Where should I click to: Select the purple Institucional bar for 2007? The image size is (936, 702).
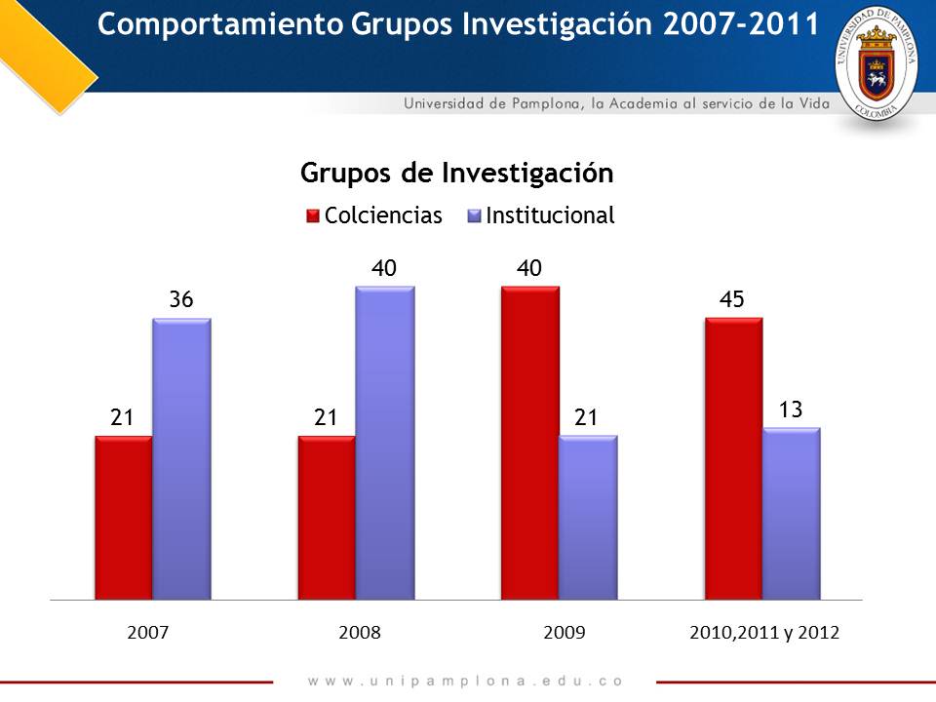point(181,458)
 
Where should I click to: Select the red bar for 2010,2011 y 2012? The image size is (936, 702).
point(733,457)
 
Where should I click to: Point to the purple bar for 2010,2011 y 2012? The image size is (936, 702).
point(791,513)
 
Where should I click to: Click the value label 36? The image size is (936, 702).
point(180,300)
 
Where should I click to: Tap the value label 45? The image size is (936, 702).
point(732,300)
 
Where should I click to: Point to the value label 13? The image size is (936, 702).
point(790,409)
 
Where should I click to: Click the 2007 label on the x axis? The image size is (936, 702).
point(148,633)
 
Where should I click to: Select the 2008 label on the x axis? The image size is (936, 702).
point(359,633)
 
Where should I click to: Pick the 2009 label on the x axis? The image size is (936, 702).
point(564,633)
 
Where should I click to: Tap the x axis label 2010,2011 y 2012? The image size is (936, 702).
point(764,633)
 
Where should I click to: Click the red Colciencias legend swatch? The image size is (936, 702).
point(312,216)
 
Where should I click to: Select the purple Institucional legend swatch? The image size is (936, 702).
point(474,216)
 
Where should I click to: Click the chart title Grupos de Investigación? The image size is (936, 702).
point(456,173)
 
